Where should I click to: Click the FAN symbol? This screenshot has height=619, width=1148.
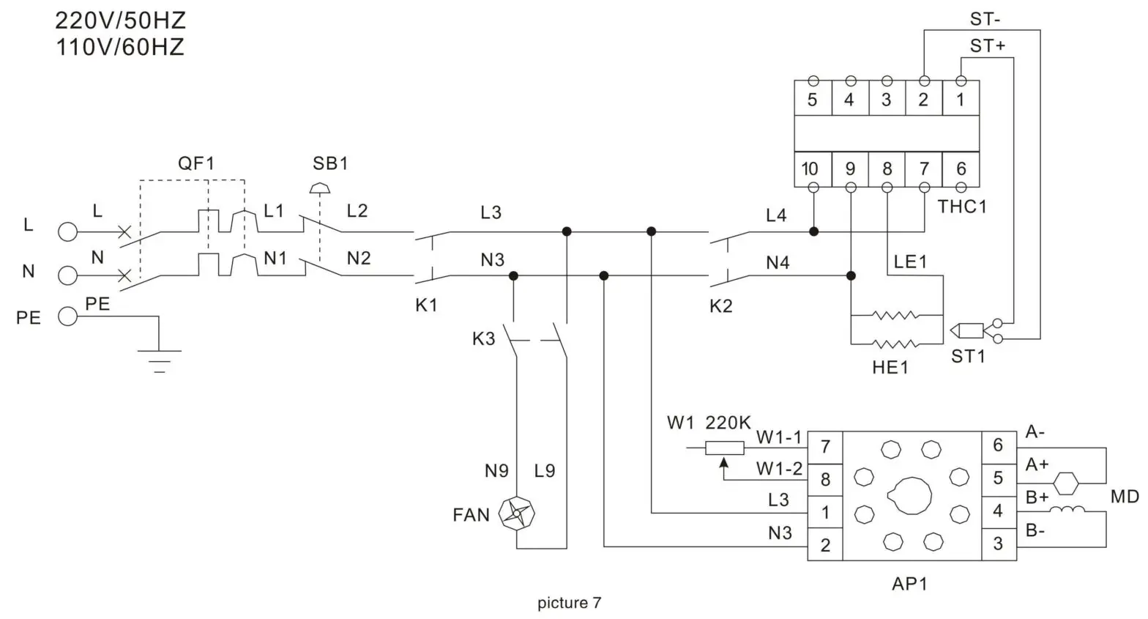[516, 514]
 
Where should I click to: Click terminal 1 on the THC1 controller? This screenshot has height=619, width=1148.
[961, 100]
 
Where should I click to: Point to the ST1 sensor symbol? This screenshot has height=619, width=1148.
[966, 331]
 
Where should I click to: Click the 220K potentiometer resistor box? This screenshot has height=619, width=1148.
[724, 448]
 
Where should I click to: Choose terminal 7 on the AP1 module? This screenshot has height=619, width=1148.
[825, 446]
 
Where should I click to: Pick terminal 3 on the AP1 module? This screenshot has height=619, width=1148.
[998, 544]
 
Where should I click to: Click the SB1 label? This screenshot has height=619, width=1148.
[330, 163]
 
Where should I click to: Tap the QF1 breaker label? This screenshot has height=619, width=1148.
[196, 163]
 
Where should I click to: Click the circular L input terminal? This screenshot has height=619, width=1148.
[67, 232]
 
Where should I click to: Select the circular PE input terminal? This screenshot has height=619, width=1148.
[67, 316]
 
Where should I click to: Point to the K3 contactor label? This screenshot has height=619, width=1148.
[483, 338]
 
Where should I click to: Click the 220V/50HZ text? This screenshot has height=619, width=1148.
[121, 21]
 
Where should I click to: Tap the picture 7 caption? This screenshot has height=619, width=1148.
[569, 603]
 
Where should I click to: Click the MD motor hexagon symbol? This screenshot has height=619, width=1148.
[1066, 483]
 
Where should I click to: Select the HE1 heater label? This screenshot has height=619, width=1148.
[890, 368]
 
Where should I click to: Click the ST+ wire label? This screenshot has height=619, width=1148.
[988, 46]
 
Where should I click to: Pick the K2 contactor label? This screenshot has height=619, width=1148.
[720, 305]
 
